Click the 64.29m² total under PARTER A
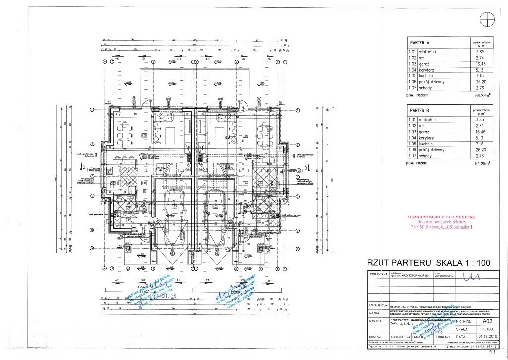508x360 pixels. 483,95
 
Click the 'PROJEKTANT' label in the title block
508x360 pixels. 378,274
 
